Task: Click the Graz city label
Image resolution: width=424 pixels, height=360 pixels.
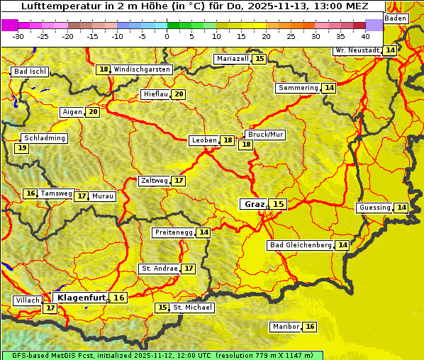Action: pyautogui.click(x=254, y=204)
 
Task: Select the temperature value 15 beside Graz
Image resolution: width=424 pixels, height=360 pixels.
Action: pyautogui.click(x=279, y=204)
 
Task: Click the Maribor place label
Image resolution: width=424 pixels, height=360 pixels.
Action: pyautogui.click(x=285, y=327)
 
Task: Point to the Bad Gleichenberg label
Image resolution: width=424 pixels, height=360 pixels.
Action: pyautogui.click(x=300, y=245)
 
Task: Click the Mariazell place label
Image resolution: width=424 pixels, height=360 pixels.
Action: pyautogui.click(x=233, y=59)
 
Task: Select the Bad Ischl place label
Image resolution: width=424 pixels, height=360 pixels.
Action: pyautogui.click(x=30, y=72)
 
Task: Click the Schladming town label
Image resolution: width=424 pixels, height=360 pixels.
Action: pyautogui.click(x=44, y=138)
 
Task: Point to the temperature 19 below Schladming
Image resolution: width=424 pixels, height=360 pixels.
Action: pyautogui.click(x=22, y=148)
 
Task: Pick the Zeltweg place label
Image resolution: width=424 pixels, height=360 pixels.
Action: pyautogui.click(x=154, y=181)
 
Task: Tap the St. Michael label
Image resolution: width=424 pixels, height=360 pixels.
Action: pyautogui.click(x=193, y=308)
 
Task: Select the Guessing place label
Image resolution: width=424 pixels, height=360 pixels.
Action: pyautogui.click(x=374, y=208)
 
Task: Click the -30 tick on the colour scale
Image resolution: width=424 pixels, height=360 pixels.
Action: pyautogui.click(x=18, y=36)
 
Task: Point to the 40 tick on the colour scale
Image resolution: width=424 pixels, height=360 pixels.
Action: pyautogui.click(x=365, y=36)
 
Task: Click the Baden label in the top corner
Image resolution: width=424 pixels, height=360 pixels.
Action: pyautogui.click(x=396, y=18)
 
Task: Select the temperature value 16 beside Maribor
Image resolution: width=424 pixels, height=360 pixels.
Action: pyautogui.click(x=310, y=327)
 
